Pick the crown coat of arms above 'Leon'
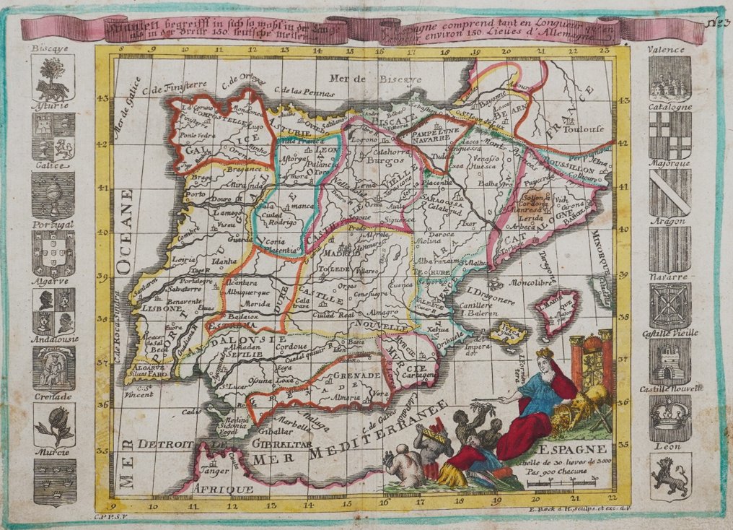(670, 418)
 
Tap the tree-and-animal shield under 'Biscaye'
(53, 78)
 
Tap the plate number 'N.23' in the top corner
(713, 22)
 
